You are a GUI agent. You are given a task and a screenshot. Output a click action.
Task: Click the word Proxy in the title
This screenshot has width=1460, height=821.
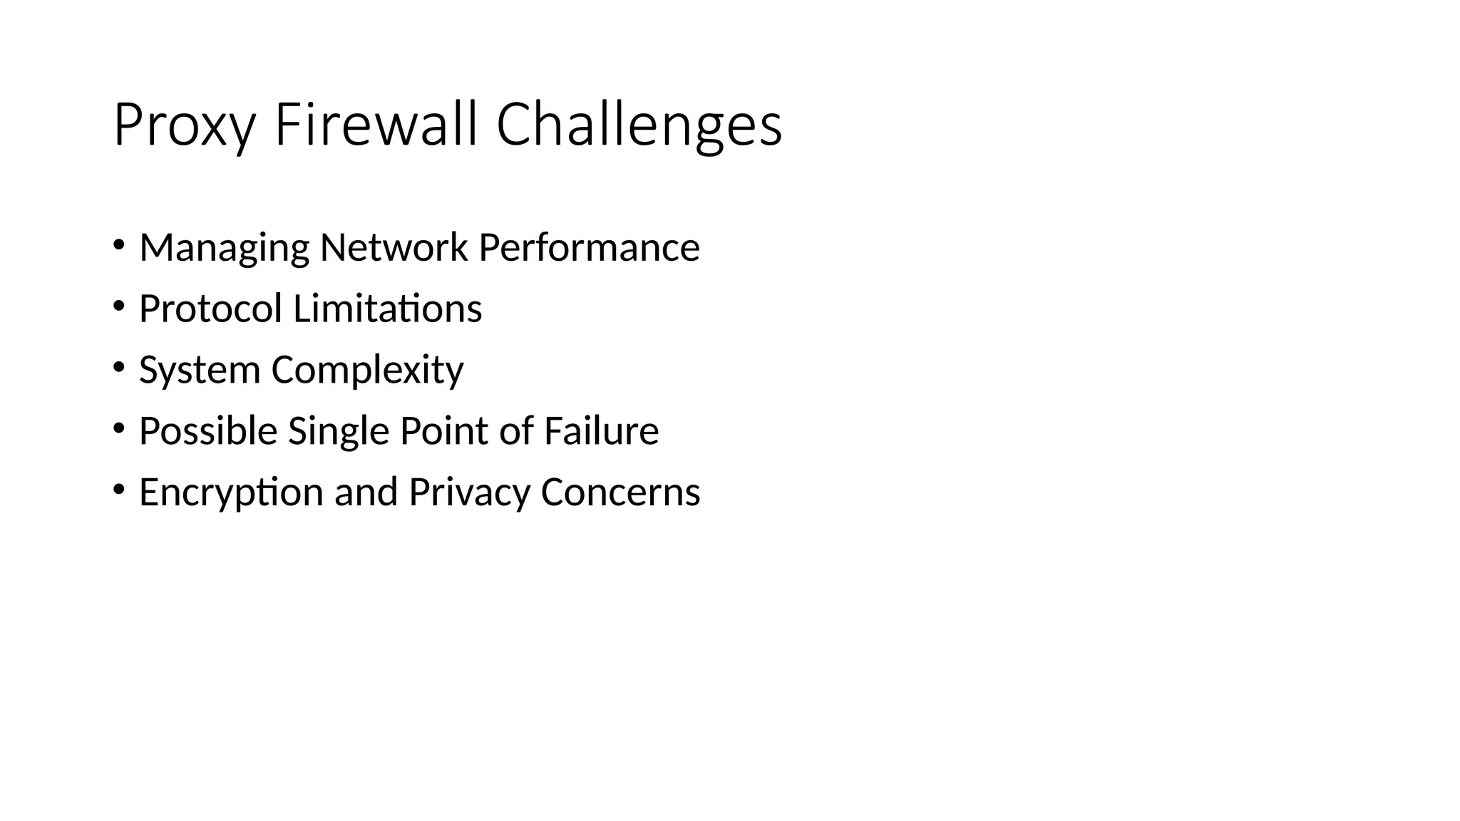[184, 125]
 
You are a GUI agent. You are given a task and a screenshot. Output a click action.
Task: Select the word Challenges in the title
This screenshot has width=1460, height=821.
[639, 125]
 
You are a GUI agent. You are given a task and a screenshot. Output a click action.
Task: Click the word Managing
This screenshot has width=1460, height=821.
[224, 248]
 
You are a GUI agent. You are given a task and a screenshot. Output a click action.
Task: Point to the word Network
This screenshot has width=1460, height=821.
[394, 247]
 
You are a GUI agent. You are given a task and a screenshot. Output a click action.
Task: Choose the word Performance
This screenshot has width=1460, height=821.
[589, 247]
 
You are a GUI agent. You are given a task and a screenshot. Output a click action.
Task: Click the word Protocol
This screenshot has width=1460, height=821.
[210, 309]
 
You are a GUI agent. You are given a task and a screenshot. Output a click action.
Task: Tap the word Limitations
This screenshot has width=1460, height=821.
[387, 309]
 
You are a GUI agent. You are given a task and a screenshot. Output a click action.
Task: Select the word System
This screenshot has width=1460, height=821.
[200, 371]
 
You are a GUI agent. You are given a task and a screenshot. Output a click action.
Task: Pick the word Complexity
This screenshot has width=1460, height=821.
[367, 371]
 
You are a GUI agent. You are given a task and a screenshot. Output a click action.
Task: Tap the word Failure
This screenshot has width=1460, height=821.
[601, 431]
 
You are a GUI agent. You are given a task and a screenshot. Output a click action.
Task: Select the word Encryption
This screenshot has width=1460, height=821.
[231, 492]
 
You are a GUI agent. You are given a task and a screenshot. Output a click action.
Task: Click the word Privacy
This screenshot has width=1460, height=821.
[469, 492]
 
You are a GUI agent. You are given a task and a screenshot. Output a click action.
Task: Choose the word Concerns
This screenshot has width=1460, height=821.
[620, 492]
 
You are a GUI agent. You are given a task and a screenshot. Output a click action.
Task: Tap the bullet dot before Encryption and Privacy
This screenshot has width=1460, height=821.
[118, 490]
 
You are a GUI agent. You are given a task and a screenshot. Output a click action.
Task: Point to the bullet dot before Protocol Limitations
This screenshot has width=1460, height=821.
[118, 306]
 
